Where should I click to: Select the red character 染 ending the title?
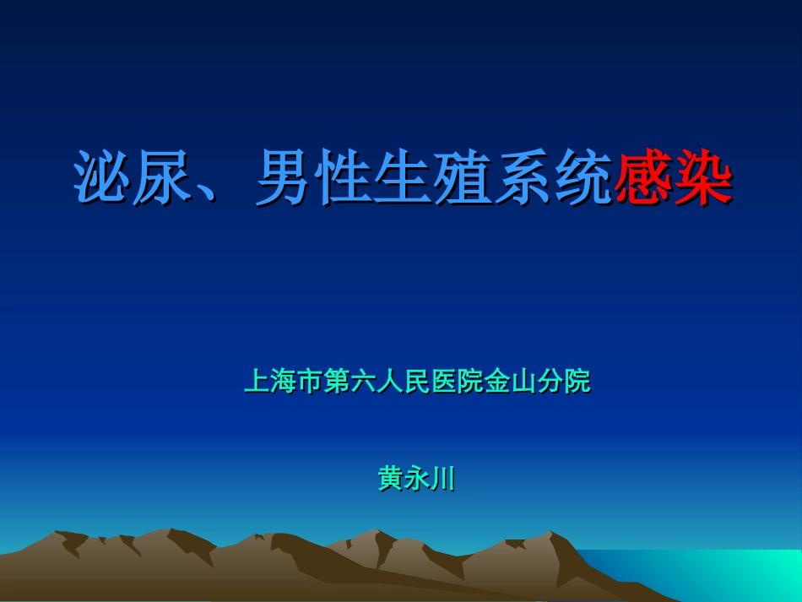point(703,178)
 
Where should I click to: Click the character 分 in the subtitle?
point(550,382)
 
